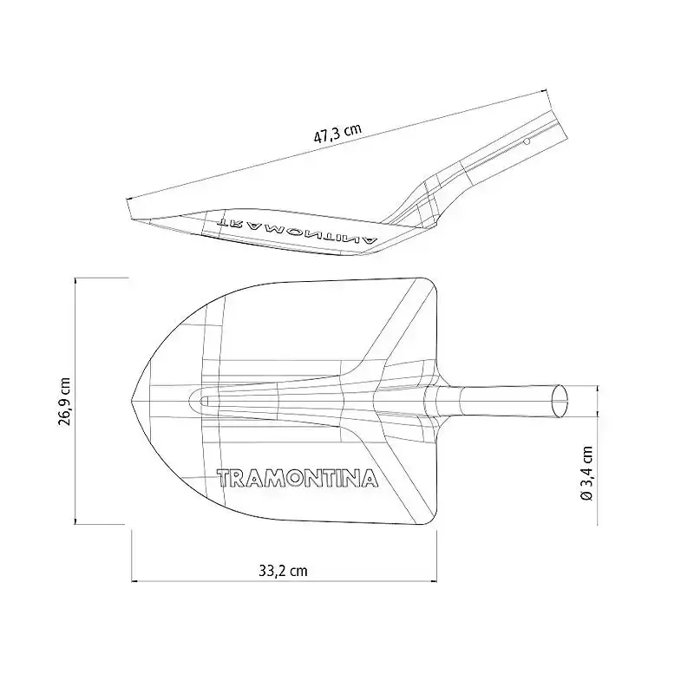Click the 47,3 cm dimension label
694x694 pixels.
tap(337, 133)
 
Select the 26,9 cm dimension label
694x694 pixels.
tap(64, 402)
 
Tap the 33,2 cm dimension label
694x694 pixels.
tap(284, 571)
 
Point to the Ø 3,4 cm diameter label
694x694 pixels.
tap(587, 473)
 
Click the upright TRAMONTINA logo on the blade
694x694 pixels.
tap(298, 478)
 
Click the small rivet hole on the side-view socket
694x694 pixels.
tap(527, 141)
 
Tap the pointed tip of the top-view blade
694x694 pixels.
tap(132, 401)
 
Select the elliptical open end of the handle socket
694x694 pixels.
tap(560, 401)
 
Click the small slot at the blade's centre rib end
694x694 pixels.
tap(204, 401)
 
